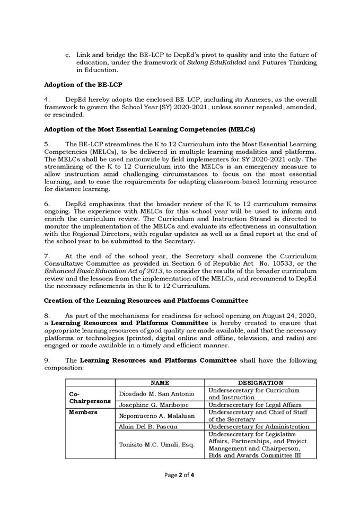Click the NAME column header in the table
(x=160, y=382)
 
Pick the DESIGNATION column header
(x=260, y=382)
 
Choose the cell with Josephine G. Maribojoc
(x=154, y=405)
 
